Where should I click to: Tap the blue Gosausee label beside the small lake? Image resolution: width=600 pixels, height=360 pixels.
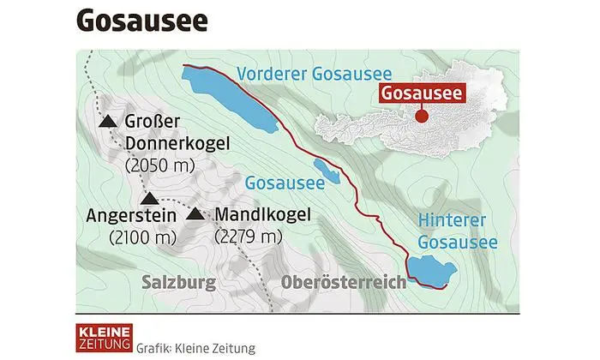tap(285, 183)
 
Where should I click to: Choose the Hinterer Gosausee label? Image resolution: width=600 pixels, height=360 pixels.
tap(456, 232)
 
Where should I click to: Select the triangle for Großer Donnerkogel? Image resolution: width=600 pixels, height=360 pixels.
tap(108, 123)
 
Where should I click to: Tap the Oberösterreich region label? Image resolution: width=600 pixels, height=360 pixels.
tap(343, 282)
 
